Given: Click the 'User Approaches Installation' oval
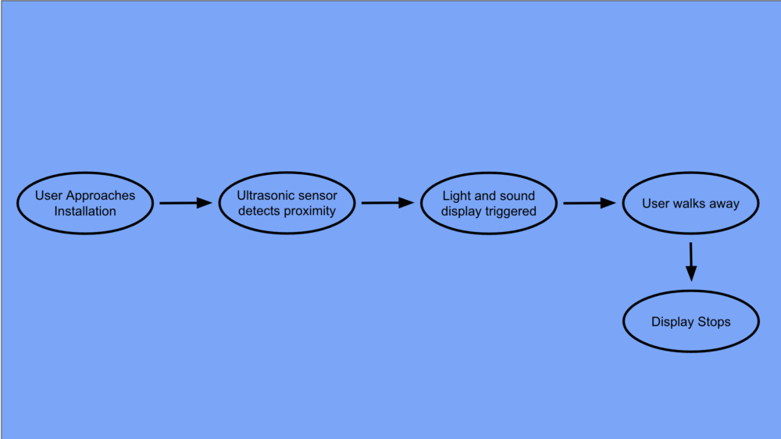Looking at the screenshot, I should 84,203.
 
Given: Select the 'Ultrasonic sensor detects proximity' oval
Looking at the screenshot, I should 287,203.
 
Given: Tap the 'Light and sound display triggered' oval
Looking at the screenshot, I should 489,203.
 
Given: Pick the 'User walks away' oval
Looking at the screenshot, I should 690,203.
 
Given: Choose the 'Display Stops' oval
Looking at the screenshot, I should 690,322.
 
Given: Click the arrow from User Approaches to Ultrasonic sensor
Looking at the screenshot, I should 185,203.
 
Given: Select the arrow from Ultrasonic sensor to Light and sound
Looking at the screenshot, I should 387,203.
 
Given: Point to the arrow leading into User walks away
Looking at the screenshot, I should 589,203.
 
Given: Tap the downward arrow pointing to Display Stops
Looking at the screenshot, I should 690,262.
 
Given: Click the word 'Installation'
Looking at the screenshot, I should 85,211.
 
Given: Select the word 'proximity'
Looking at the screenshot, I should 310,211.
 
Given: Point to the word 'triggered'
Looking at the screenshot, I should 512,211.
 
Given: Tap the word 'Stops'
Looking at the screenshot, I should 714,322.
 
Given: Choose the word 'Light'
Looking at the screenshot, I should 457,195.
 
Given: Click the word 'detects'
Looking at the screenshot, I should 259,211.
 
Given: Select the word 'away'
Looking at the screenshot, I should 723,203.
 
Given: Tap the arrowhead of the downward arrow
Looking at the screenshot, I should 690,273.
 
